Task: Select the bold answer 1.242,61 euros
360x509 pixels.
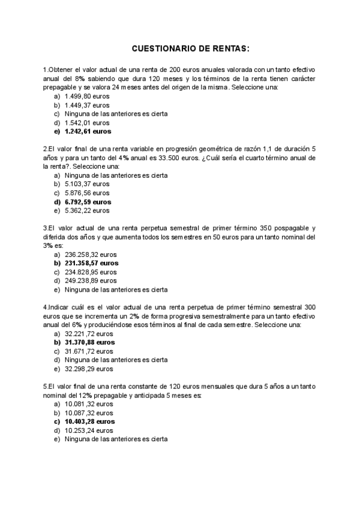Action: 88,131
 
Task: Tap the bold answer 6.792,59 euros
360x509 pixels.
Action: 88,202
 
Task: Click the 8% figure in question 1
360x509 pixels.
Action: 80,79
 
